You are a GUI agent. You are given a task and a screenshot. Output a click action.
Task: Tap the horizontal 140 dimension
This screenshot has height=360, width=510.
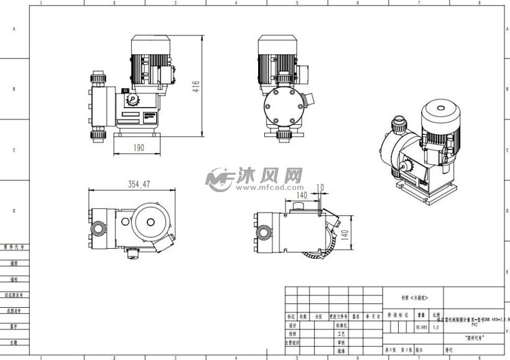point(302,195)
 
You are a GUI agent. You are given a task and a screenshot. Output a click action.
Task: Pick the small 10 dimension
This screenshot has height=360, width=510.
point(320,187)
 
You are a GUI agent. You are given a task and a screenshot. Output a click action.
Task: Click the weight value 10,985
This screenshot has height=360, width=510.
point(421,326)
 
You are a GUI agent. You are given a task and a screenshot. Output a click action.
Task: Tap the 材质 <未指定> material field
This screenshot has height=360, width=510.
point(414,298)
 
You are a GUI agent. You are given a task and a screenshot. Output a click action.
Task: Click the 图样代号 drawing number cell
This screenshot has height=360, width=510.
point(475,338)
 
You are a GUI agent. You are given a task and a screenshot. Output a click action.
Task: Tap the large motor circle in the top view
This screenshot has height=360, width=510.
point(149,218)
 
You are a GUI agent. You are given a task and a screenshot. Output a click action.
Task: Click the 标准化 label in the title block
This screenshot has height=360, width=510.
point(340,325)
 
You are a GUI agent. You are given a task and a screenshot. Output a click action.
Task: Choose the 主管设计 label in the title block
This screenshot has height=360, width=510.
point(292,342)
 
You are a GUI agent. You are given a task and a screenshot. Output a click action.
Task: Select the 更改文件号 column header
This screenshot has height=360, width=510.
point(340,316)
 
